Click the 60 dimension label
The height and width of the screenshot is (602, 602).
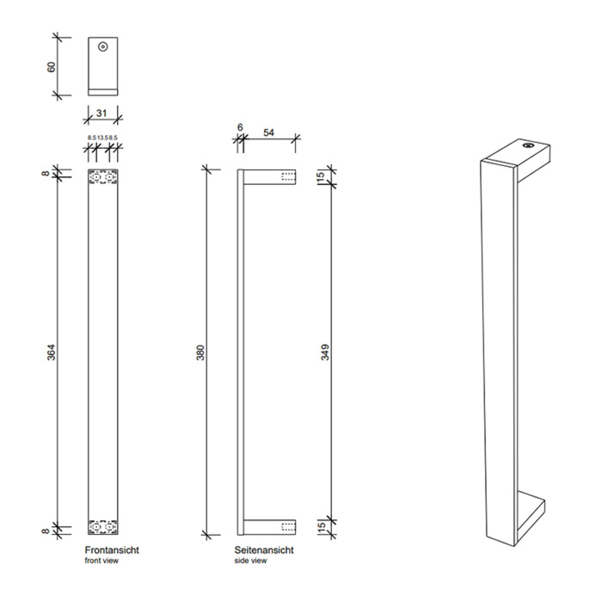pos(51,67)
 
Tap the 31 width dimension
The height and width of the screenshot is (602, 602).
pos(102,113)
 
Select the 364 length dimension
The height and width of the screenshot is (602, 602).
pos(51,352)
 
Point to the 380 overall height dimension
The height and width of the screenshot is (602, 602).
pos(201,352)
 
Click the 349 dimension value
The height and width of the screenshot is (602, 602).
pos(325,352)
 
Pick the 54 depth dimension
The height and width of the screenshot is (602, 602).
pos(268,133)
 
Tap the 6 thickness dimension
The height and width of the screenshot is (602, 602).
pos(240,127)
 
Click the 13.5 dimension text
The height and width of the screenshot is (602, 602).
pos(102,138)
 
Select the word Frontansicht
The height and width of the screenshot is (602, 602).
pos(112,550)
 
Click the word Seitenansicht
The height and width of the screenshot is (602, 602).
pos(264,550)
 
